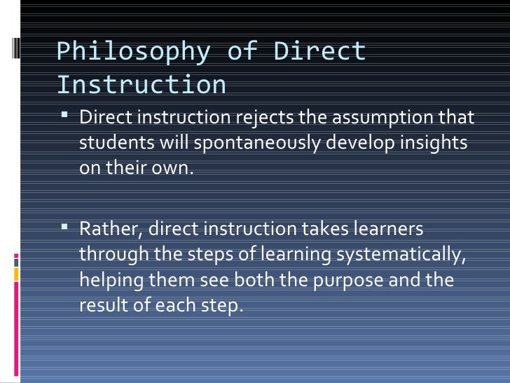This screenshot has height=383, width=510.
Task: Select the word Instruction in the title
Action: pyautogui.click(x=141, y=85)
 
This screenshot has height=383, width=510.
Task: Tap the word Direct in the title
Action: pyautogui.click(x=319, y=52)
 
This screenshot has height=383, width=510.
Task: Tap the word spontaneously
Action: pyautogui.click(x=246, y=143)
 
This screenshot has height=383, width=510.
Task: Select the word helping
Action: pyautogui.click(x=111, y=281)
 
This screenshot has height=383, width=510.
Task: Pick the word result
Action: pyautogui.click(x=101, y=306)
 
